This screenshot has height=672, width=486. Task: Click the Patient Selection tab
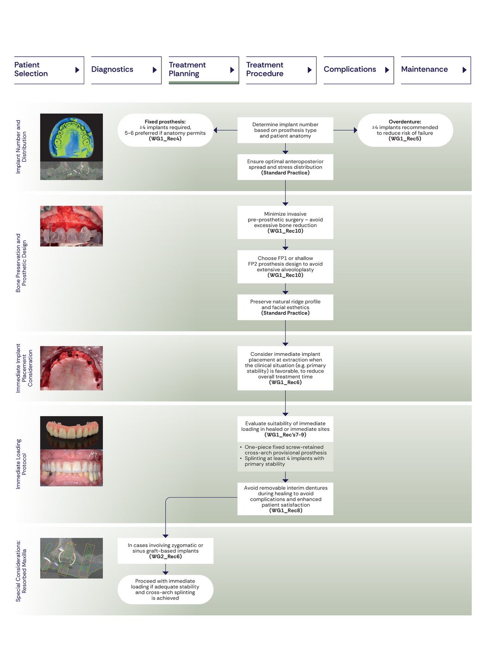48,70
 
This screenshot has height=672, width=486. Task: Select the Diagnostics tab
125,70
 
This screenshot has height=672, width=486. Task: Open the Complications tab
358,70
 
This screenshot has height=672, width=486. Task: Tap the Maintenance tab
435,70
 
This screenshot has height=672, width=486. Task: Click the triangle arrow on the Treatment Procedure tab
310,70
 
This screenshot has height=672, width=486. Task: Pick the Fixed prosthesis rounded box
165,130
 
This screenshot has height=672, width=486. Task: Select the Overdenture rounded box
405,130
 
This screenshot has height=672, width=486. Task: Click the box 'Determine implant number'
285,130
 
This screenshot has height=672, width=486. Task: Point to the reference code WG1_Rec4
165,139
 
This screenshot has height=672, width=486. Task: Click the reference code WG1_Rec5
405,139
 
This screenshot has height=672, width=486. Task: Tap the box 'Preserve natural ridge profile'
285,307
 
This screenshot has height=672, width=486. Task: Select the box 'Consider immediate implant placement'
285,368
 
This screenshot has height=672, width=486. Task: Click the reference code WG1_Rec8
286,510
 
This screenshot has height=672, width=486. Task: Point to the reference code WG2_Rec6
165,557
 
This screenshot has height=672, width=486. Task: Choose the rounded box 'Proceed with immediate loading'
165,589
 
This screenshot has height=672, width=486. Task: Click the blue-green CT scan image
71,137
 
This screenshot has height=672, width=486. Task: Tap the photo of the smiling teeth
71,468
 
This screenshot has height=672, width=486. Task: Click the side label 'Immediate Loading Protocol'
21,464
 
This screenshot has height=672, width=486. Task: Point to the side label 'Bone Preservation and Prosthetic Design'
21,263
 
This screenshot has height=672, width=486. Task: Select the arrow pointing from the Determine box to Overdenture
345,130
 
